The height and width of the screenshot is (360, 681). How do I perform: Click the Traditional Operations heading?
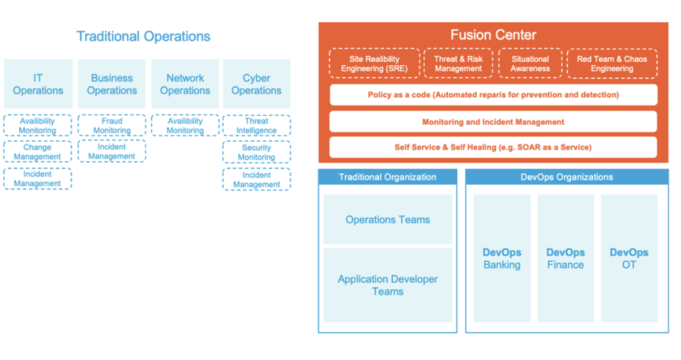tap(143, 37)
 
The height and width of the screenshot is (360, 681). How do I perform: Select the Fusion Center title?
tap(493, 35)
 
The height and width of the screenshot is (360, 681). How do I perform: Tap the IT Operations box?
tap(38, 84)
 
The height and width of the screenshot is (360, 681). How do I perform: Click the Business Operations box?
tap(112, 84)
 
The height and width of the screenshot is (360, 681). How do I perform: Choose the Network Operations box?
tap(185, 84)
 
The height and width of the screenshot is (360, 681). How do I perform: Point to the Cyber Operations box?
tap(256, 84)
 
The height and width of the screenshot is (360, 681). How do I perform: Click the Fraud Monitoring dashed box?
tap(112, 125)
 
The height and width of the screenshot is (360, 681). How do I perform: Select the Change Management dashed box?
tap(37, 152)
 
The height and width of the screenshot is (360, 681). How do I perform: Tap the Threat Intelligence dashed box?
tap(256, 125)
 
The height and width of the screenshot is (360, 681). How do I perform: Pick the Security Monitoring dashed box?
tap(256, 152)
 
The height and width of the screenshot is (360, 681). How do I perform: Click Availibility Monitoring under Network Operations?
tap(185, 125)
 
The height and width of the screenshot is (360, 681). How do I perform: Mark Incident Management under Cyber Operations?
tap(256, 179)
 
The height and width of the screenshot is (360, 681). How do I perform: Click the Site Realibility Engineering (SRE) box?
tap(374, 64)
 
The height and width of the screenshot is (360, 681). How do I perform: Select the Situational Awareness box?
tap(530, 64)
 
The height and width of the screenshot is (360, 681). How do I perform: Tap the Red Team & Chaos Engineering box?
tap(611, 64)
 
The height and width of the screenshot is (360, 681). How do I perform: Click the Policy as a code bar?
tap(493, 95)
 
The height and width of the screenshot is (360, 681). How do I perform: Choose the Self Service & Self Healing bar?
tap(493, 147)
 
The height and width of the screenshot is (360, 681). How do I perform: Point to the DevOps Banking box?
tap(502, 258)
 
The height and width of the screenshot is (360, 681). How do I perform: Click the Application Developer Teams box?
tap(388, 285)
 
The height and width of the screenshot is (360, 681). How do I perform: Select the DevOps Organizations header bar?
tap(566, 177)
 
